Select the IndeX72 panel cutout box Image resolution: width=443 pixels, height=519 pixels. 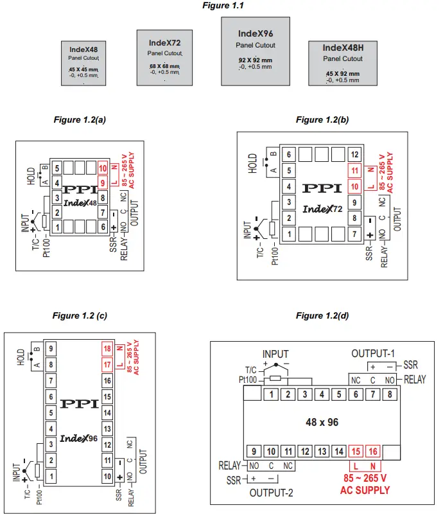(164, 57)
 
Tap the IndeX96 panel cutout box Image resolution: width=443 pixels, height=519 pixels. (255, 50)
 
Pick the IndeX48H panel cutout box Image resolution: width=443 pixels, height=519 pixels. (343, 63)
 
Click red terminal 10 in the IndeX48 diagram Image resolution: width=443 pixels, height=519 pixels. (101, 169)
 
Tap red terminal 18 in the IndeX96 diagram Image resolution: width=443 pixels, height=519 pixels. (108, 349)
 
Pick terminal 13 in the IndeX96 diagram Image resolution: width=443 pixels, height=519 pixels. (108, 428)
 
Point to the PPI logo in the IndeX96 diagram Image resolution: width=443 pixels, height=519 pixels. (79, 403)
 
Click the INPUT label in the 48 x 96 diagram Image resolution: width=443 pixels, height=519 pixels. (276, 354)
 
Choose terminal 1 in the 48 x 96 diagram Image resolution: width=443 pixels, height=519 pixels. (274, 394)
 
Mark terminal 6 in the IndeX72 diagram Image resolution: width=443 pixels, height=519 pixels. (289, 155)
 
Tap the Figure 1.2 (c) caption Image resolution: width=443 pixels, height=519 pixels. (80, 316)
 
